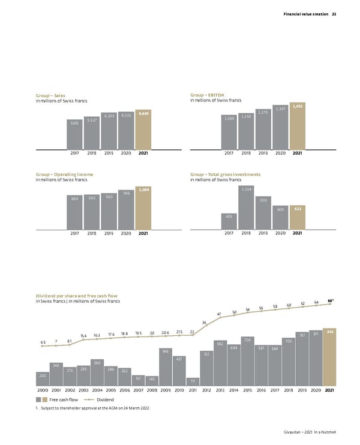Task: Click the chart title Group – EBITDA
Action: [x=206, y=95]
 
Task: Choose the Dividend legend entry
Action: [x=106, y=399]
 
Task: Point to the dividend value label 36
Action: [x=204, y=323]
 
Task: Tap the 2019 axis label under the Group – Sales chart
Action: [x=109, y=153]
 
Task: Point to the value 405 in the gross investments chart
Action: [x=229, y=216]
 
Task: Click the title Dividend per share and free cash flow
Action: [x=79, y=296]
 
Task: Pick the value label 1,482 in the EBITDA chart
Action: [x=298, y=106]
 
